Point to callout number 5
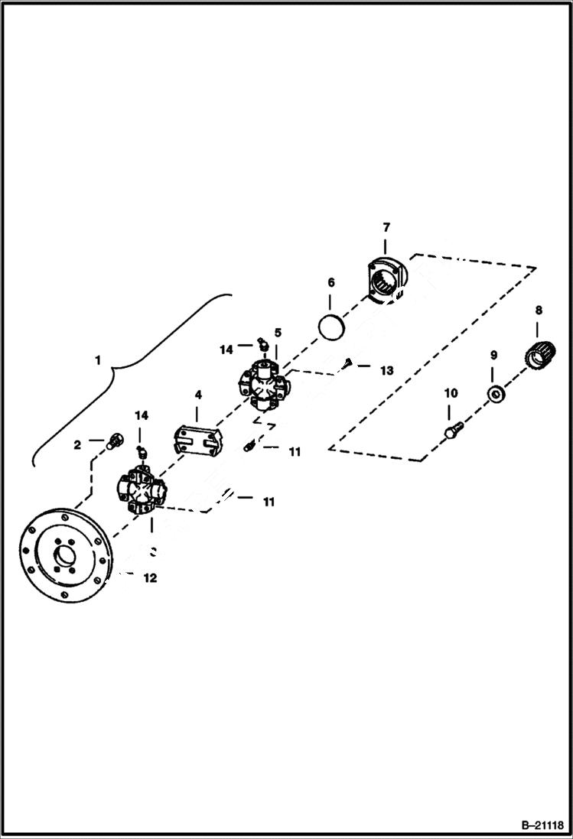(x=278, y=333)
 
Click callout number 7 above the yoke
(x=386, y=227)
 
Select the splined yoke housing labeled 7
(x=385, y=282)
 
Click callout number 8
(x=539, y=310)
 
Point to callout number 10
(x=451, y=393)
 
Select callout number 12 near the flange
(x=150, y=578)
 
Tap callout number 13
(x=386, y=370)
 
